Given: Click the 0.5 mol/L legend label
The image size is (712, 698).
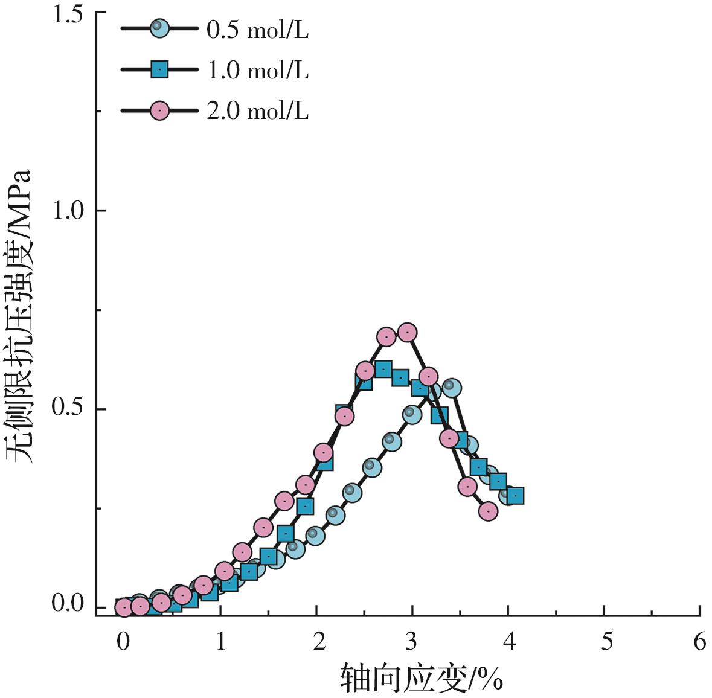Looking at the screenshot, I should (257, 30).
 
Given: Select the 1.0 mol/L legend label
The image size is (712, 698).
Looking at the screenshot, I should (257, 71).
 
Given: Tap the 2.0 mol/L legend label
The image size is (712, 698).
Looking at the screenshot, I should (257, 111).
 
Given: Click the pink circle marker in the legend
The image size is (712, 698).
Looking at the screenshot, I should (159, 111).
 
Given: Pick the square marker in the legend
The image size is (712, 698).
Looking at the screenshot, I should (159, 70).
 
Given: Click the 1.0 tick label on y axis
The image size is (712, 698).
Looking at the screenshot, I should (68, 210).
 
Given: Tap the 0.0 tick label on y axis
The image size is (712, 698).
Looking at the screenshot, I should (68, 603).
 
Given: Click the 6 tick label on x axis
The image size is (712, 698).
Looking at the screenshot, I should (699, 642).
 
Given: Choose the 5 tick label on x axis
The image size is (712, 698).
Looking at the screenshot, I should (606, 642).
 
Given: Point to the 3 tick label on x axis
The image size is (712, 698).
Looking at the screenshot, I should (411, 642).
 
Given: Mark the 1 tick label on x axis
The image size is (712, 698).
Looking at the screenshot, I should (220, 642).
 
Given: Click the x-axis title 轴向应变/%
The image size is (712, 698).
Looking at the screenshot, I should (422, 678).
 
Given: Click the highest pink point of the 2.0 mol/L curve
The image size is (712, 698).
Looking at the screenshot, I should (408, 332).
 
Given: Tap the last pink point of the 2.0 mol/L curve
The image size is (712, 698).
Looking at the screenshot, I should (488, 511).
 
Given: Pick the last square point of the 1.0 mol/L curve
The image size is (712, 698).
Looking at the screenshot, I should (515, 496).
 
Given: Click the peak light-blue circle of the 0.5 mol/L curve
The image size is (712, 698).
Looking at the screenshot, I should (451, 387).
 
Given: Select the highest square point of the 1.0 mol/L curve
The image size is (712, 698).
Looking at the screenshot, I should (382, 369).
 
